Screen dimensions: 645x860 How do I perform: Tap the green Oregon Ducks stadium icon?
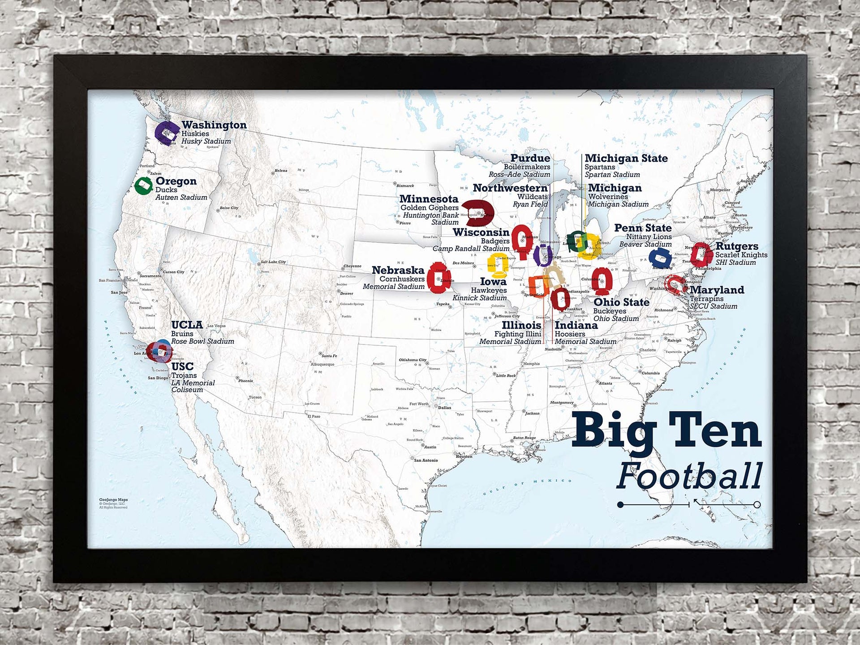click(x=143, y=185)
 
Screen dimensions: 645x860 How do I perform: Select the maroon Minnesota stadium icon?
click(x=478, y=212)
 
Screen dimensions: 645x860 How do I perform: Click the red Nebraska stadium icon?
click(x=438, y=278)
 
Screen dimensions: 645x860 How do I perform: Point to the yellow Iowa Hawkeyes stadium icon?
click(x=497, y=263)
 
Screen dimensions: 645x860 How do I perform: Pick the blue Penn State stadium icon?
click(x=660, y=258)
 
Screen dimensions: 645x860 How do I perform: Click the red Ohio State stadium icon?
click(x=602, y=281)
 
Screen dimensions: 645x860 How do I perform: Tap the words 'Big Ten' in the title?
click(x=666, y=430)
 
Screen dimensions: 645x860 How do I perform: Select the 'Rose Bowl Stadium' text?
click(x=202, y=341)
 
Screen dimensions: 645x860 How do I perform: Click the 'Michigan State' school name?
click(x=626, y=158)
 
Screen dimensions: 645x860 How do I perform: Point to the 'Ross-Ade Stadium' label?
click(x=519, y=175)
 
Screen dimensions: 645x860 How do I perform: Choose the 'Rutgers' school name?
click(x=736, y=246)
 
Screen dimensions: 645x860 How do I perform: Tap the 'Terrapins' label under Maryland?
click(x=706, y=299)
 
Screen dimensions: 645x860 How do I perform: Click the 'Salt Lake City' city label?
click(x=273, y=262)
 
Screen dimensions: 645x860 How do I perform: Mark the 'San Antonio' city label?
click(x=426, y=460)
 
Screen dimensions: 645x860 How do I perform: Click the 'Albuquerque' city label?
click(x=322, y=364)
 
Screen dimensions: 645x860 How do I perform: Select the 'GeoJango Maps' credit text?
click(x=113, y=499)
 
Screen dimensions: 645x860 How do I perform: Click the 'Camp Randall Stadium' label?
click(x=470, y=249)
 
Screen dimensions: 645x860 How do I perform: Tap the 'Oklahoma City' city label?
click(x=413, y=360)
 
